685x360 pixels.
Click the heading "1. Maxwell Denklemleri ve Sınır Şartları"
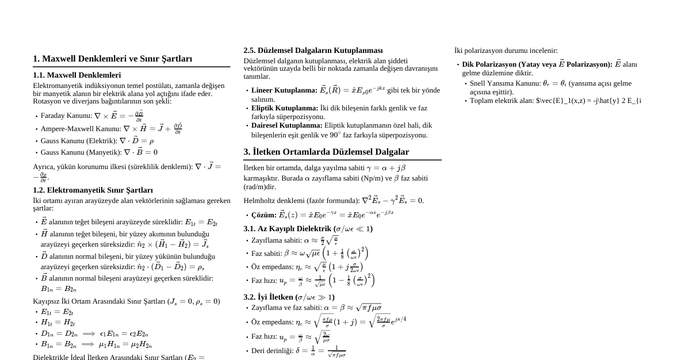pos(112,59)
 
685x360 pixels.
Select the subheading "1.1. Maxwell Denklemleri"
pos(76,75)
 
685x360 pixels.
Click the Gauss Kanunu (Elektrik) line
pos(97,141)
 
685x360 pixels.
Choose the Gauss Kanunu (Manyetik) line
pos(98,152)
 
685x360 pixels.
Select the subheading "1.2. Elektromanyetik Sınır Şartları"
pos(93,190)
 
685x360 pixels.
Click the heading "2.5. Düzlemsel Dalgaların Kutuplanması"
pos(313,51)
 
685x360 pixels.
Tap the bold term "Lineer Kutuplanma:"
pos(284,90)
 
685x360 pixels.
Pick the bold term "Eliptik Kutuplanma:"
pos(284,108)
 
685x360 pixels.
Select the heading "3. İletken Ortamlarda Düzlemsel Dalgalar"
pos(326,152)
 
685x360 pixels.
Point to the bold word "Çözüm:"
pos(263,215)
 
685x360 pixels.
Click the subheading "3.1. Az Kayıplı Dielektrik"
pos(308,229)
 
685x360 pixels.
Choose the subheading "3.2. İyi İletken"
pos(289,297)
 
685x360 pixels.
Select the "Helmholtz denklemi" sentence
pos(334,201)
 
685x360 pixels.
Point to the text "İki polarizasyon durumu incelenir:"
pos(506,51)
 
